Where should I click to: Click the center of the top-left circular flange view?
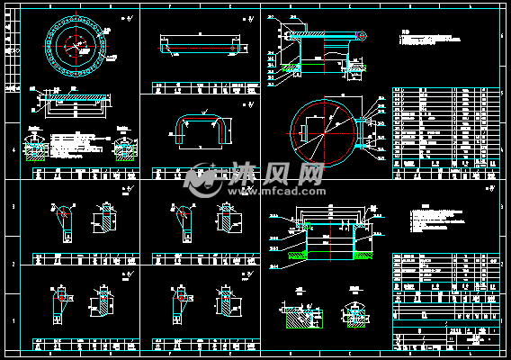[x=77, y=44]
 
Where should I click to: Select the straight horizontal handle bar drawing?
[x=200, y=45]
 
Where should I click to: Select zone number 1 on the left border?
[x=12, y=320]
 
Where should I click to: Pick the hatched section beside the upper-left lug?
[x=104, y=219]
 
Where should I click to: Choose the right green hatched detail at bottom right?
[x=354, y=316]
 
